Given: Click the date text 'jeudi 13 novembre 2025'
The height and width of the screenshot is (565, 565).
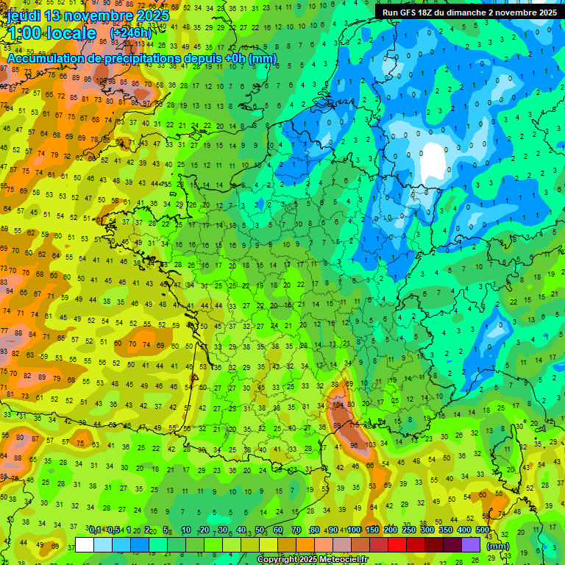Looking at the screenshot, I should [x=88, y=15].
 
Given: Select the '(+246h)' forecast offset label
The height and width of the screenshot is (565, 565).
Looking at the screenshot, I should [x=131, y=34].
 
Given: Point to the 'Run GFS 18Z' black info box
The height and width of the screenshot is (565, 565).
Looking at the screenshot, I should [x=469, y=13].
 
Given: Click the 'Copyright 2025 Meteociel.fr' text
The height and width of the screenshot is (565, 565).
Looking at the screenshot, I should [x=313, y=559].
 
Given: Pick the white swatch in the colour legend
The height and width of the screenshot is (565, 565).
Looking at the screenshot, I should [x=85, y=544].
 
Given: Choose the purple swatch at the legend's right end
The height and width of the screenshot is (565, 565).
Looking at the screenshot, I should [x=471, y=544].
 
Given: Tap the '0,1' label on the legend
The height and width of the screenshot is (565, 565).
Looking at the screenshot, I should [x=95, y=530].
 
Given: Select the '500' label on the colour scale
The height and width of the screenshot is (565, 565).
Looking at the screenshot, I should [x=483, y=530].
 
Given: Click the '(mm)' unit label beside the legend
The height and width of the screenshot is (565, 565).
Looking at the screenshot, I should [x=498, y=546].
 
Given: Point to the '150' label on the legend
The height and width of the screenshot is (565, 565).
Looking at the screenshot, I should [x=372, y=530].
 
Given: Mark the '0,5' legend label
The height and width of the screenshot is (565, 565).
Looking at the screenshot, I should [x=113, y=530].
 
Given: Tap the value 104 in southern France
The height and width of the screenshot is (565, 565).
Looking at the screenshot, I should [x=339, y=405].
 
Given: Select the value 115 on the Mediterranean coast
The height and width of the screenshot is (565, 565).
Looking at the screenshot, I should [x=355, y=425].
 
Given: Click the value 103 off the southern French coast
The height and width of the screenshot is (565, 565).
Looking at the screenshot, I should [x=371, y=445].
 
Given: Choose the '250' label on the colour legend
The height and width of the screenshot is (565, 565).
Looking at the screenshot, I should [x=409, y=530].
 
